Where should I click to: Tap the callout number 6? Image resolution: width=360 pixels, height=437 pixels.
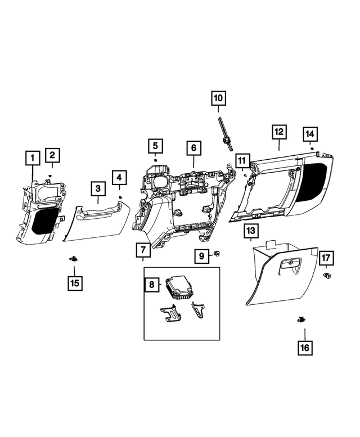pyautogui.click(x=193, y=148)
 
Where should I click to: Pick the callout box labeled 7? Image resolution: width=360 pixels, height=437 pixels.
pyautogui.click(x=143, y=249)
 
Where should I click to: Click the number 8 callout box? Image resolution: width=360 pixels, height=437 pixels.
pyautogui.click(x=151, y=285)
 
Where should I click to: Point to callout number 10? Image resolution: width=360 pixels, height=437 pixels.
pyautogui.click(x=218, y=98)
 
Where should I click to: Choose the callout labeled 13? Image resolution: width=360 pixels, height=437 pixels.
pyautogui.click(x=251, y=231)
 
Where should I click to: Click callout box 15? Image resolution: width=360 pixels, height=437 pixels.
pyautogui.click(x=74, y=283)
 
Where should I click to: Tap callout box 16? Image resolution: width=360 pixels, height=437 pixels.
pyautogui.click(x=304, y=348)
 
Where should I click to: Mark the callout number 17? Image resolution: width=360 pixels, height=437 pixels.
pyautogui.click(x=327, y=258)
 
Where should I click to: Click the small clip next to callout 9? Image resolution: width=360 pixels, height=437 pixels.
pyautogui.click(x=217, y=256)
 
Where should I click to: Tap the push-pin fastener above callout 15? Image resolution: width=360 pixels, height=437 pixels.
pyautogui.click(x=73, y=259)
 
